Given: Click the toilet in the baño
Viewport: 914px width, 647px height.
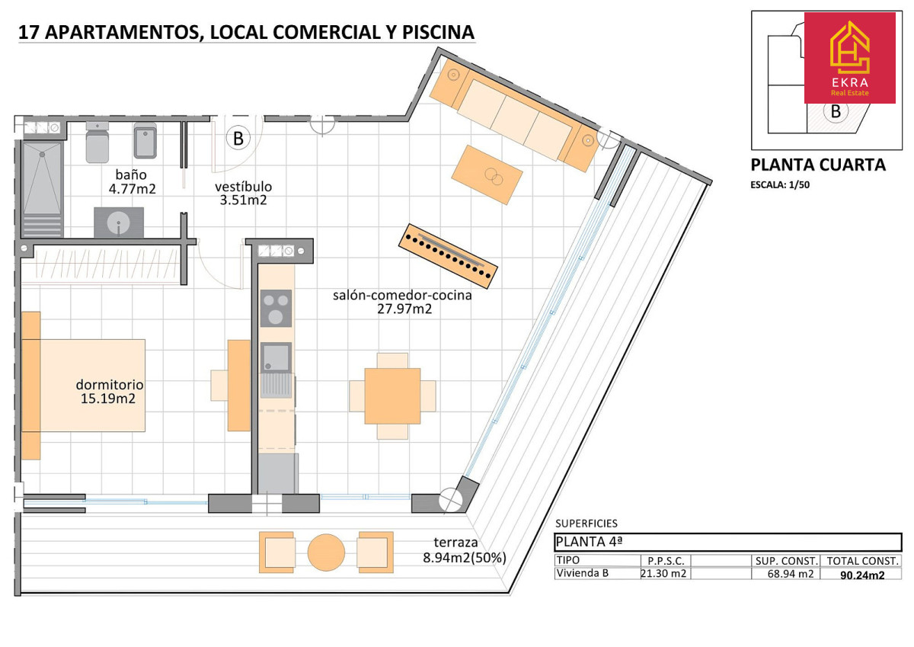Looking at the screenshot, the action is (97, 142).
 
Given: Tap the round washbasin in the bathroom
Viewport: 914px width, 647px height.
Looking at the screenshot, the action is (118, 223).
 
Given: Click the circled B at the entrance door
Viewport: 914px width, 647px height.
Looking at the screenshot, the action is (238, 139).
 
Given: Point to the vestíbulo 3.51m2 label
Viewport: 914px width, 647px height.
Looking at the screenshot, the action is (243, 193).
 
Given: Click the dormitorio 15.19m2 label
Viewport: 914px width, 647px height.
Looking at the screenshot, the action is (110, 391).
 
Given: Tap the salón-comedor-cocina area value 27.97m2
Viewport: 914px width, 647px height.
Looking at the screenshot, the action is (404, 309).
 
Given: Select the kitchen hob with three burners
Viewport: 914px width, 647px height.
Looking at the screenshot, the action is (276, 308).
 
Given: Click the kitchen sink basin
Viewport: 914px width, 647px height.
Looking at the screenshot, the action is (276, 357).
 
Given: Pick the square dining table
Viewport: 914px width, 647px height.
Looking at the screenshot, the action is (392, 396).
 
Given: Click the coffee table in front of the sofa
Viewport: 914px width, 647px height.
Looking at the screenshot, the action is (487, 175).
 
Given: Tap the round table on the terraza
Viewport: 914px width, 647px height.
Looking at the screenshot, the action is (326, 553).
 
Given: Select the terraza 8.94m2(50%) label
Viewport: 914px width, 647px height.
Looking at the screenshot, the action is (465, 550).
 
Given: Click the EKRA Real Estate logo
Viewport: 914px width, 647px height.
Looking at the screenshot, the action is (849, 58).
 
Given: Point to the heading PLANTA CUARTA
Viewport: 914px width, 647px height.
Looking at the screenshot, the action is (818, 165).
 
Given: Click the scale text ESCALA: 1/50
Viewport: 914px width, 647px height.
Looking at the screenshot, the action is (780, 185).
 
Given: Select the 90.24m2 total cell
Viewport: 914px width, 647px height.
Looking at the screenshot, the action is (862, 575).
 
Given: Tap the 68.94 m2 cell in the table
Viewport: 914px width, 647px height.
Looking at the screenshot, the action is (791, 574).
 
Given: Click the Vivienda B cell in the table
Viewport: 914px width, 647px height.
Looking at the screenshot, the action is (582, 573).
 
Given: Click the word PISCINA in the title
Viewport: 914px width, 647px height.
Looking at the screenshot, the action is (438, 32).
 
